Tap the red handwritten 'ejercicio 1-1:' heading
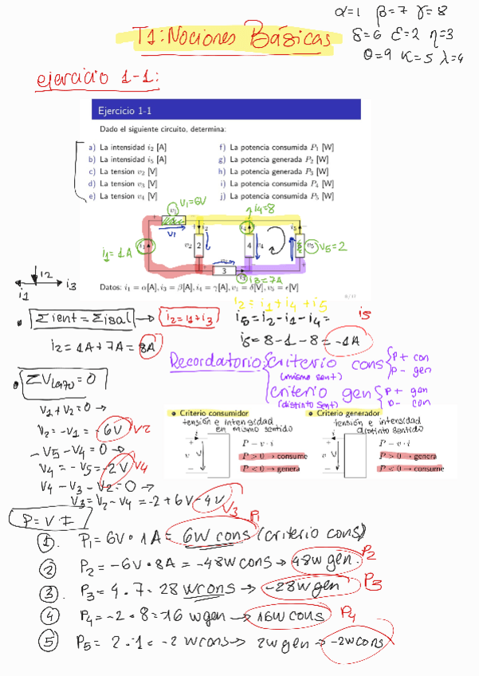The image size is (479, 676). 98,80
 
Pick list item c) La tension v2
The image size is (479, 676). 124,171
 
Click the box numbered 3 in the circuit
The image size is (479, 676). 224,270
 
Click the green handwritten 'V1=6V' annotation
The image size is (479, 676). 194,202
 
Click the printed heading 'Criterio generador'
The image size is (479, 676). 354,414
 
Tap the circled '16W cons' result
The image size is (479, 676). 286,615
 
